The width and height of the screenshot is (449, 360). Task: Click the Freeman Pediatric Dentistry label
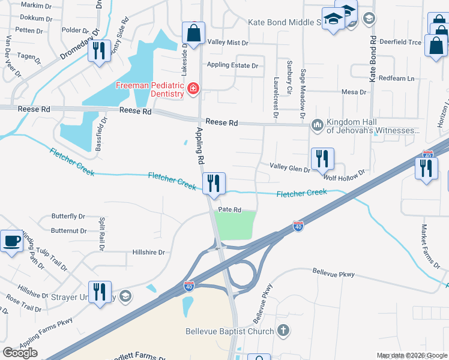pos(149,89)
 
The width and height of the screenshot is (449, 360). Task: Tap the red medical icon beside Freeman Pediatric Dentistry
pos(193,90)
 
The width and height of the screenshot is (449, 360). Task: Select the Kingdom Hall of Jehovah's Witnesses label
pos(372,126)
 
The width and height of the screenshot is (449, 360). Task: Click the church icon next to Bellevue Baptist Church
pos(283,331)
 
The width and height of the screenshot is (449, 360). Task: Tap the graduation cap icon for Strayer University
pos(125,295)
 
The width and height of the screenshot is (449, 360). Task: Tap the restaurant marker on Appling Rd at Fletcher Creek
pos(214,183)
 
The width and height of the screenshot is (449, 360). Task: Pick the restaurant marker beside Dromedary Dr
pos(98,50)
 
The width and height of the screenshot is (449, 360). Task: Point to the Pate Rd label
pos(229,210)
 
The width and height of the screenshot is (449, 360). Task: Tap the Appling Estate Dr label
pos(232,65)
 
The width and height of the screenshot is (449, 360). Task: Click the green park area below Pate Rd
pos(235,226)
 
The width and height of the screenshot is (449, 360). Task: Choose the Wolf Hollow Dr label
pos(344,175)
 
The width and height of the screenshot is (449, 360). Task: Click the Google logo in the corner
pos(20,353)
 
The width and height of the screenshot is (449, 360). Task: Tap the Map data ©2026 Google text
pos(412,355)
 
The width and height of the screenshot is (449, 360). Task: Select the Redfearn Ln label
pos(396,79)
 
